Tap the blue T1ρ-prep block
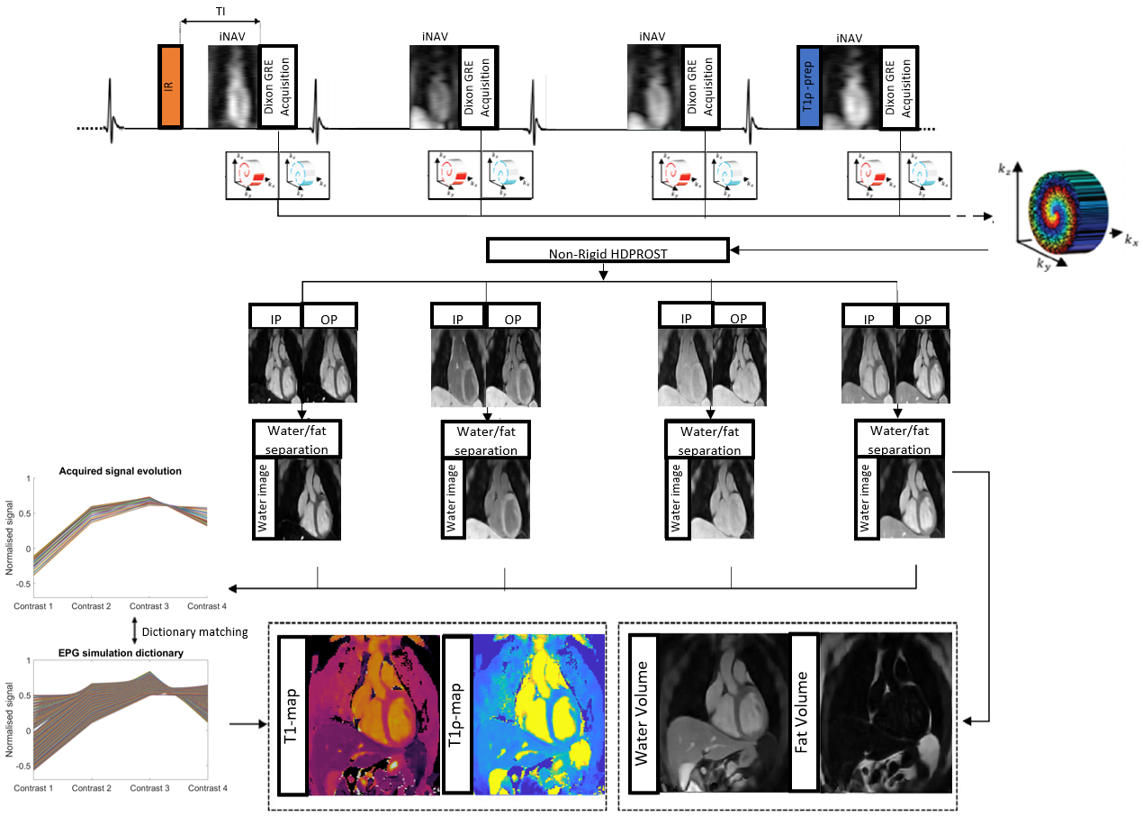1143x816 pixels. [x=808, y=86]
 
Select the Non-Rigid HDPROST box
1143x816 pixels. [x=607, y=251]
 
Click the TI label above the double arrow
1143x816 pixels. [x=220, y=11]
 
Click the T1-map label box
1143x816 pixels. [x=292, y=715]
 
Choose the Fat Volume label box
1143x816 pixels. [x=805, y=712]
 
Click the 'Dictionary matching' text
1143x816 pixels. [x=194, y=631]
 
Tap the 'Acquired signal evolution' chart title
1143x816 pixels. [x=120, y=471]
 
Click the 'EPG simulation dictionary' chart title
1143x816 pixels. [x=121, y=652]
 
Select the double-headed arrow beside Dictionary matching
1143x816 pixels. [x=134, y=631]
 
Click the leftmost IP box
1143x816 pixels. [x=274, y=317]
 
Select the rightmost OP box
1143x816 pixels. [x=921, y=319]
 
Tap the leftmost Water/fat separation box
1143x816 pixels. [x=297, y=439]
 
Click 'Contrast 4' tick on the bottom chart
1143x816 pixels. [x=208, y=788]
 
